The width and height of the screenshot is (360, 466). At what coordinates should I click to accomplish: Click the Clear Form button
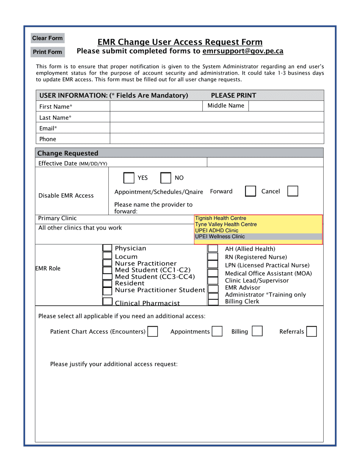click(47, 38)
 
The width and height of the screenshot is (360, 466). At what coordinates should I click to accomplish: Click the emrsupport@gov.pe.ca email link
click(243, 51)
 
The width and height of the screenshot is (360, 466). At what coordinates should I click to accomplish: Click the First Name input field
click(157, 106)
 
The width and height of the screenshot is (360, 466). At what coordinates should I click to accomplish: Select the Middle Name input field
click(286, 106)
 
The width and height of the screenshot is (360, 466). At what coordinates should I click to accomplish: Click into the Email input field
click(217, 128)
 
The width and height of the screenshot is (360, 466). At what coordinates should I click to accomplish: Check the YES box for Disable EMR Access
click(129, 178)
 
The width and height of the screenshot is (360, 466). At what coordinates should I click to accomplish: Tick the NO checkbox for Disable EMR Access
click(166, 178)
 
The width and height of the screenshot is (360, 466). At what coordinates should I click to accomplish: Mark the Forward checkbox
click(250, 191)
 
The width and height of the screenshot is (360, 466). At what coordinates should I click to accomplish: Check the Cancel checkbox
click(293, 191)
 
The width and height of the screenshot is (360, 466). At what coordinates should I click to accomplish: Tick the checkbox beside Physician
click(108, 248)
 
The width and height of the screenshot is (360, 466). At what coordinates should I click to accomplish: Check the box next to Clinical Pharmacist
click(108, 302)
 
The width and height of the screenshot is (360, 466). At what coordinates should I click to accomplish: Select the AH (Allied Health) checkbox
click(213, 249)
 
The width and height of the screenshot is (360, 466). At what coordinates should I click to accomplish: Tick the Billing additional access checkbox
click(257, 332)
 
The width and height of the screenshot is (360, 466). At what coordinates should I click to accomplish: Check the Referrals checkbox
click(311, 332)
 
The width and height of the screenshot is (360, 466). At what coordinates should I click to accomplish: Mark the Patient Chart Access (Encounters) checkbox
click(153, 332)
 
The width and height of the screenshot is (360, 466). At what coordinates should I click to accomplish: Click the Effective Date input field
click(265, 163)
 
